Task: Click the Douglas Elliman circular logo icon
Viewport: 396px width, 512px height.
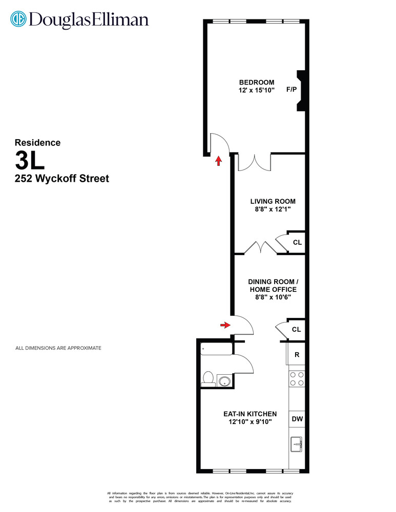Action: point(19,19)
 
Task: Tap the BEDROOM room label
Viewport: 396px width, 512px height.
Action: point(257,82)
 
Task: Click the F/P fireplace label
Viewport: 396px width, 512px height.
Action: point(291,90)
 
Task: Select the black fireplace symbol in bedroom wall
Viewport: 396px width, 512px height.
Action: point(302,91)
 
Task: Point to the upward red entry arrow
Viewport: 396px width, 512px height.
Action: point(218,161)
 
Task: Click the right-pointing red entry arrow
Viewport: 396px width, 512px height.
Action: point(224,325)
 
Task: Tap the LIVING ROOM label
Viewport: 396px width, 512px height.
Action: point(273,201)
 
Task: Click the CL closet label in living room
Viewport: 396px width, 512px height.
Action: point(296,243)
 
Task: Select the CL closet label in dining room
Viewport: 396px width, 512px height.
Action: point(296,330)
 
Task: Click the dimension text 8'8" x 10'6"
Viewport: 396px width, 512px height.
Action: point(273,297)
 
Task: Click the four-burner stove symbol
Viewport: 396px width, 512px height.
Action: point(297,379)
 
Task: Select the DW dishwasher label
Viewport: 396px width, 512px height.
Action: point(297,419)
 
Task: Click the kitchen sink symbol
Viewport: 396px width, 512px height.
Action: point(297,444)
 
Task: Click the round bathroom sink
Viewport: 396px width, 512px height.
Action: point(224,380)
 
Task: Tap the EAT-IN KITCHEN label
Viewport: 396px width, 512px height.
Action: point(249,414)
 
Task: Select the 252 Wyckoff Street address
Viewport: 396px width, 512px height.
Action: point(61,179)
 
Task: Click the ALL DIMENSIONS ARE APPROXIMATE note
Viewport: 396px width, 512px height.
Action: point(58,348)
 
